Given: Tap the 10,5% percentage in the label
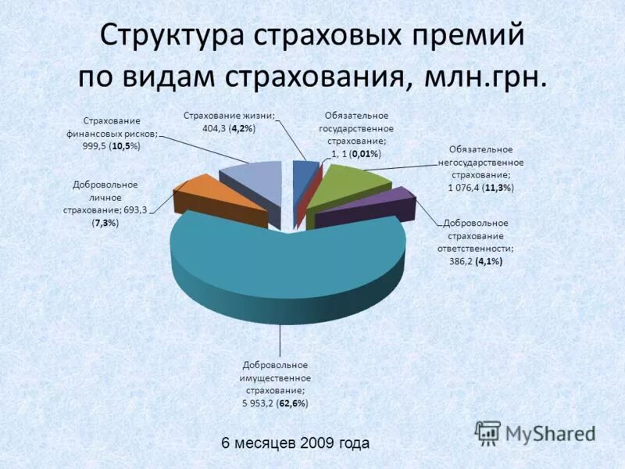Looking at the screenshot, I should (x=123, y=147).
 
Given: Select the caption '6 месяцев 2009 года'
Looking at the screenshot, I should (x=295, y=443).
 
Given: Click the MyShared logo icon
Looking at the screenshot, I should (x=488, y=432).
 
